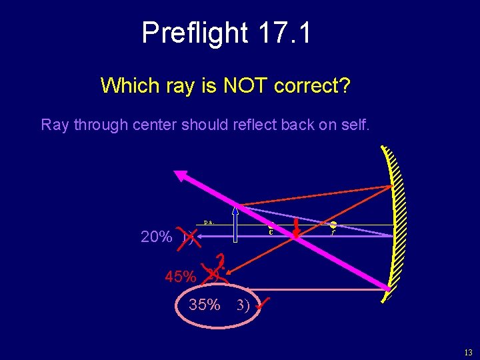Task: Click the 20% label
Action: tap(157, 237)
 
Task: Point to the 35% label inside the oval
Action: tap(204, 305)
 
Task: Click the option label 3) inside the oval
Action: tap(242, 307)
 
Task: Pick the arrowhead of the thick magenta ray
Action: tap(182, 175)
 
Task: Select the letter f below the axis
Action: tap(332, 233)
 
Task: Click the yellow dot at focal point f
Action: tap(332, 225)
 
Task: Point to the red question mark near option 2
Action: tap(222, 261)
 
